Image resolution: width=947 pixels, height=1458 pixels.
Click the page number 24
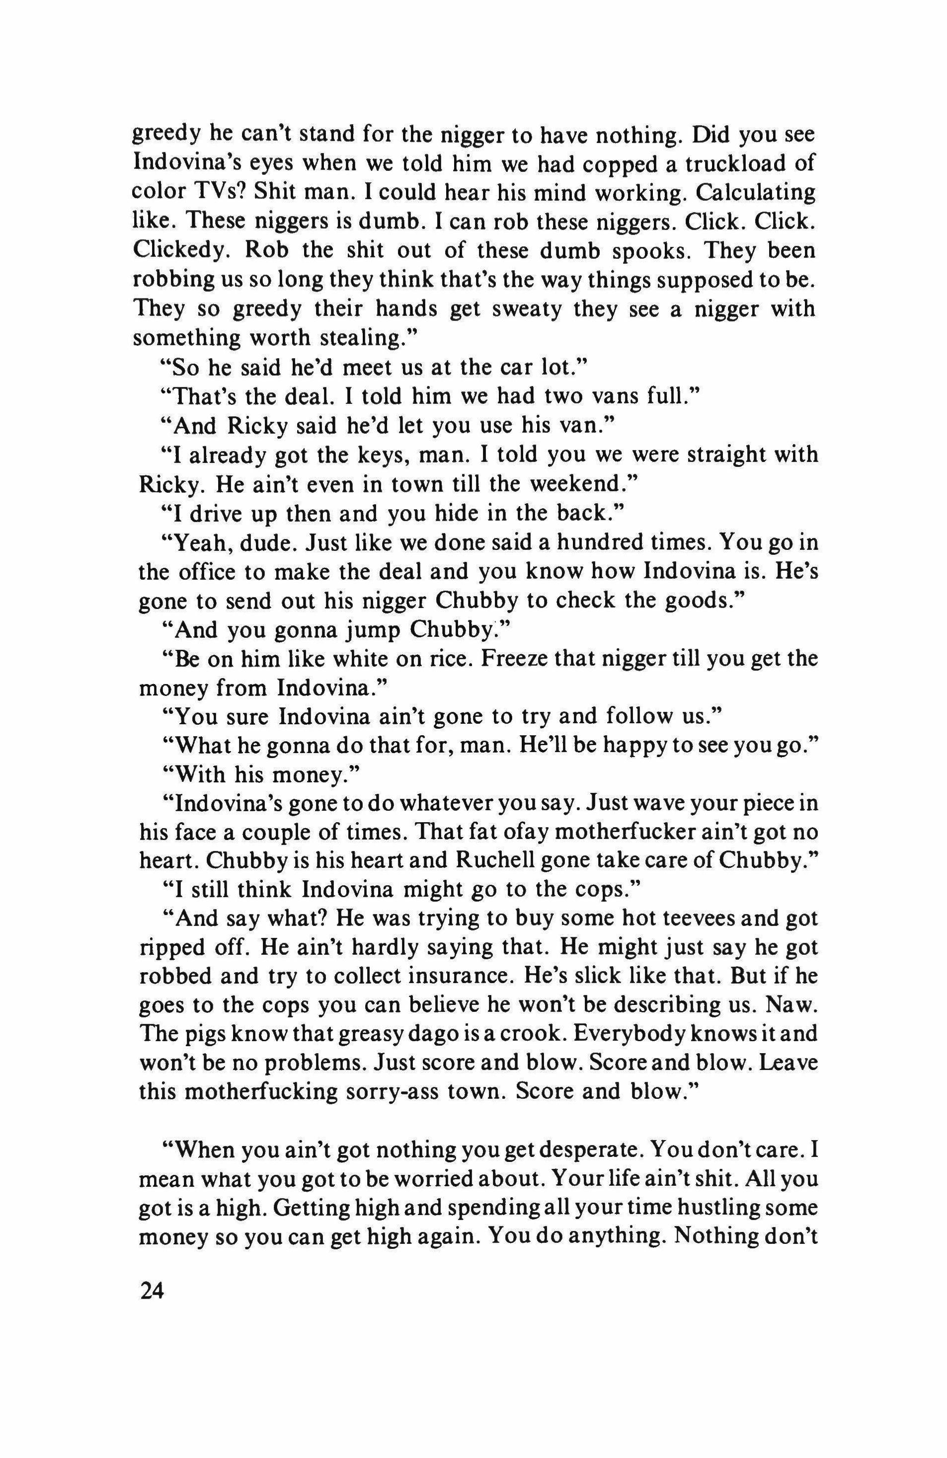(153, 1293)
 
